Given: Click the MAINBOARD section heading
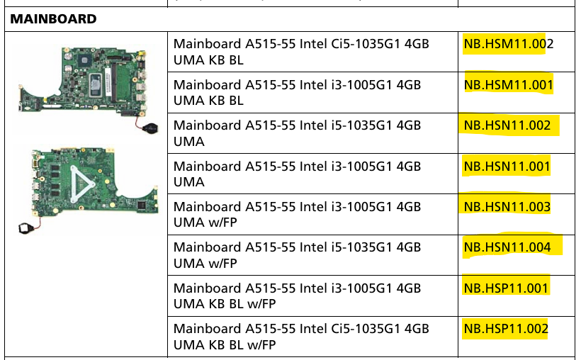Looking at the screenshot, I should tap(53, 19).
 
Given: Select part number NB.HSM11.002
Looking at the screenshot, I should tap(508, 44).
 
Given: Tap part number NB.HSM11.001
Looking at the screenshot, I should tap(508, 85).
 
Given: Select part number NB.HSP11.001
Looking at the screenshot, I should tap(506, 288).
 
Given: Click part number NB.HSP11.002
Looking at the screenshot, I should tap(506, 329).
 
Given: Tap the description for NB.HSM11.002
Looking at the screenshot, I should tap(301, 52).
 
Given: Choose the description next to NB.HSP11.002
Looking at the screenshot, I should tap(301, 337).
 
